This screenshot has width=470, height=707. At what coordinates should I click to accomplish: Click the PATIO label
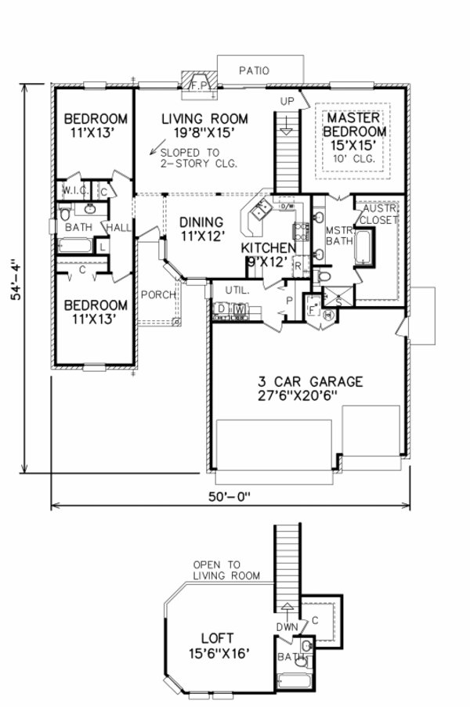click(253, 70)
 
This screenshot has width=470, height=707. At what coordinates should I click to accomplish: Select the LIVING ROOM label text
click(204, 119)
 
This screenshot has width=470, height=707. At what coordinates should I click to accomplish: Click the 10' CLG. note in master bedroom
click(355, 159)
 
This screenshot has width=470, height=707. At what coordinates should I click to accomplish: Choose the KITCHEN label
click(269, 248)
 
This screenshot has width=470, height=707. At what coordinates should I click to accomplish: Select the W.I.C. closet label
click(75, 190)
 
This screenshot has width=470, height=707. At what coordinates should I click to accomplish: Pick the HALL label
click(119, 227)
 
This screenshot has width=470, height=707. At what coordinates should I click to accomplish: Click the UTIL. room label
click(237, 290)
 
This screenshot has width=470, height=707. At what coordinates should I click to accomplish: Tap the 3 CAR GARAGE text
click(310, 382)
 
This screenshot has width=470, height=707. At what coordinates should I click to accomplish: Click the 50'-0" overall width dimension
click(229, 496)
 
